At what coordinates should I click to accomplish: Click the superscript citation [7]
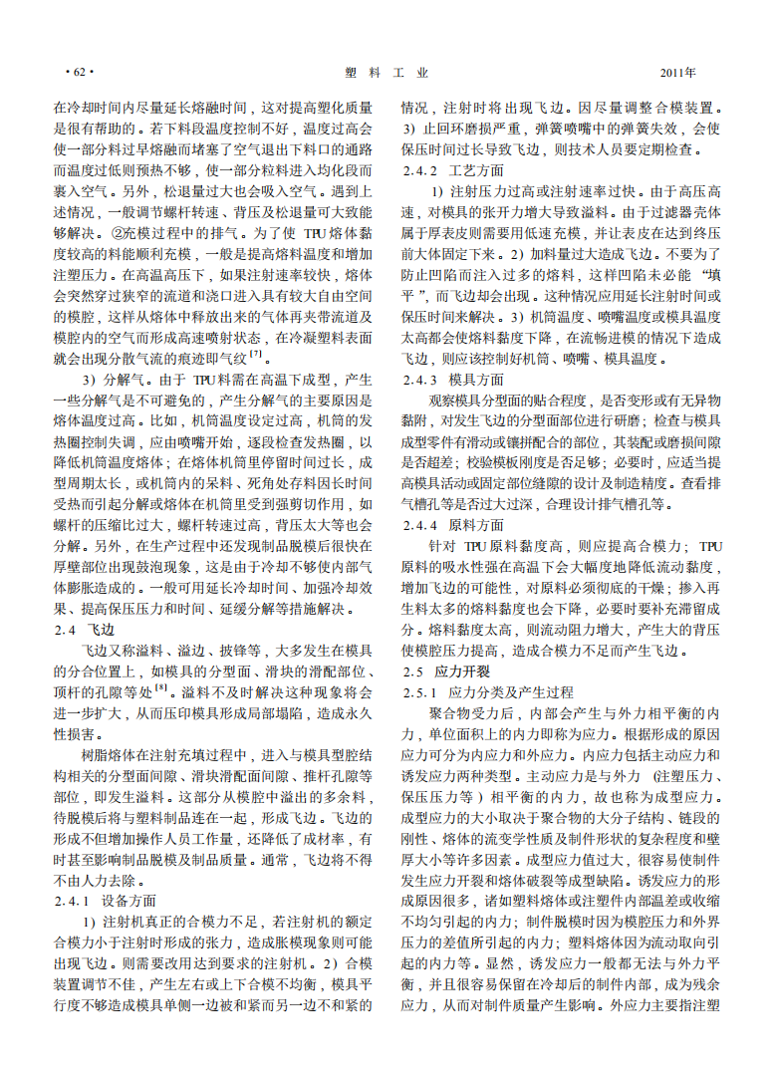point(256,354)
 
